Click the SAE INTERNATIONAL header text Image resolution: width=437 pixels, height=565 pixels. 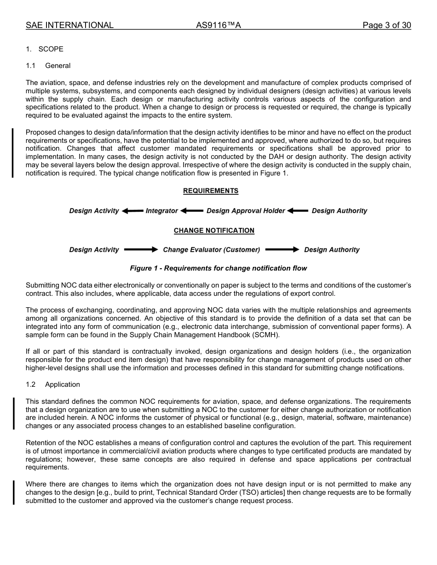pyautogui.click(x=69, y=25)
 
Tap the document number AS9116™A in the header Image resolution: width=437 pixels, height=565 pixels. pyautogui.click(x=218, y=25)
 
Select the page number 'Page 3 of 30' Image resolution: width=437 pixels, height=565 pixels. pyautogui.click(x=386, y=25)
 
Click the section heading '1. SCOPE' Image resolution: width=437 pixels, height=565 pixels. pyautogui.click(x=45, y=49)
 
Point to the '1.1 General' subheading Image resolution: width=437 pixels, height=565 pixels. pyautogui.click(x=48, y=66)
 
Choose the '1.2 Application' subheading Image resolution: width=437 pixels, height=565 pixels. pyautogui.click(x=53, y=384)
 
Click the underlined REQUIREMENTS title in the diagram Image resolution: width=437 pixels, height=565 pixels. pyautogui.click(x=211, y=191)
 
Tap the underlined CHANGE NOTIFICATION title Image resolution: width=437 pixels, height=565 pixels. pyautogui.click(x=214, y=231)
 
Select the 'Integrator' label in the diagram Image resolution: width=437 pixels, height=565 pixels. pyautogui.click(x=161, y=211)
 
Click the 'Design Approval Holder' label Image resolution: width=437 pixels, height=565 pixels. pyautogui.click(x=246, y=211)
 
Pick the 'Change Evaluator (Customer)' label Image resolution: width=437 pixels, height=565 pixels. pyautogui.click(x=211, y=250)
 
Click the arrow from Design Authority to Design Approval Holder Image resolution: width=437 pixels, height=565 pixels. pyautogui.click(x=298, y=211)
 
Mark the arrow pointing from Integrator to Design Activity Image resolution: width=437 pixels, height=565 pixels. pyautogui.click(x=133, y=211)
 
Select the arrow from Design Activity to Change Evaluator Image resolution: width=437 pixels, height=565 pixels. pyautogui.click(x=141, y=250)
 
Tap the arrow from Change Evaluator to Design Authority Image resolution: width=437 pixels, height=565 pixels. pyautogui.click(x=282, y=250)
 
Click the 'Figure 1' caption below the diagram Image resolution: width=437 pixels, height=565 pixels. pyautogui.click(x=218, y=268)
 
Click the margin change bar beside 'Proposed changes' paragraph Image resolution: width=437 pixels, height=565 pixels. pyautogui.click(x=13, y=153)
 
